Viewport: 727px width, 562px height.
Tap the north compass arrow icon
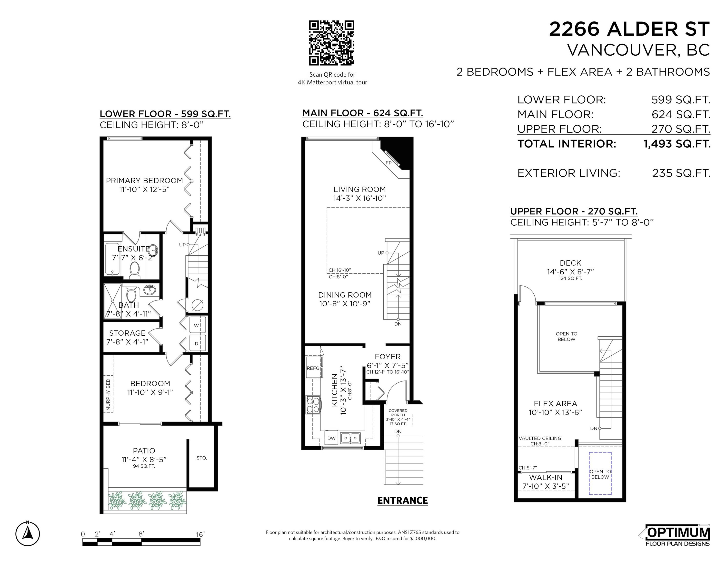coord(28,534)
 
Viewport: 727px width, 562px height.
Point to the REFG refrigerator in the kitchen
coord(313,368)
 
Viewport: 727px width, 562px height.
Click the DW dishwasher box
coord(331,438)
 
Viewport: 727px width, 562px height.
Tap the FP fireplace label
coord(388,163)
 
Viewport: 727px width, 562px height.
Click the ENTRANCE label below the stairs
coord(402,500)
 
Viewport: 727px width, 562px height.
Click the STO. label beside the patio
coord(202,458)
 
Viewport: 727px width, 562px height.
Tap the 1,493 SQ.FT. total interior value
coord(677,144)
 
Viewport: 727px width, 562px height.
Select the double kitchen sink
coord(350,438)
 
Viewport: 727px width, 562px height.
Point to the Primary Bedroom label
coord(144,181)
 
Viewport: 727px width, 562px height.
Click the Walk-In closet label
coord(546,477)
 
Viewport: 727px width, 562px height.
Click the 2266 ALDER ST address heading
coord(629,29)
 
